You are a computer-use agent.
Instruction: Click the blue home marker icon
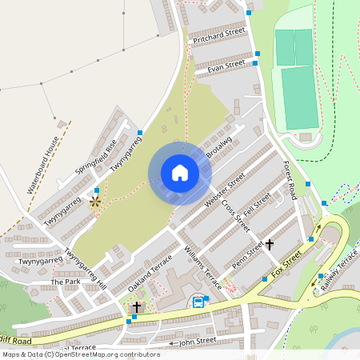tap(179, 173)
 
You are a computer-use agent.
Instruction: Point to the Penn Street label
tap(248, 256)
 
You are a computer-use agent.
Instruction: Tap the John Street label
tap(198, 341)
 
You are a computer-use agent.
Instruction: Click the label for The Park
tap(66, 283)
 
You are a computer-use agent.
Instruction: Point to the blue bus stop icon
tap(198, 302)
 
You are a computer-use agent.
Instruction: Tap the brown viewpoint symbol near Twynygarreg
tap(95, 202)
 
